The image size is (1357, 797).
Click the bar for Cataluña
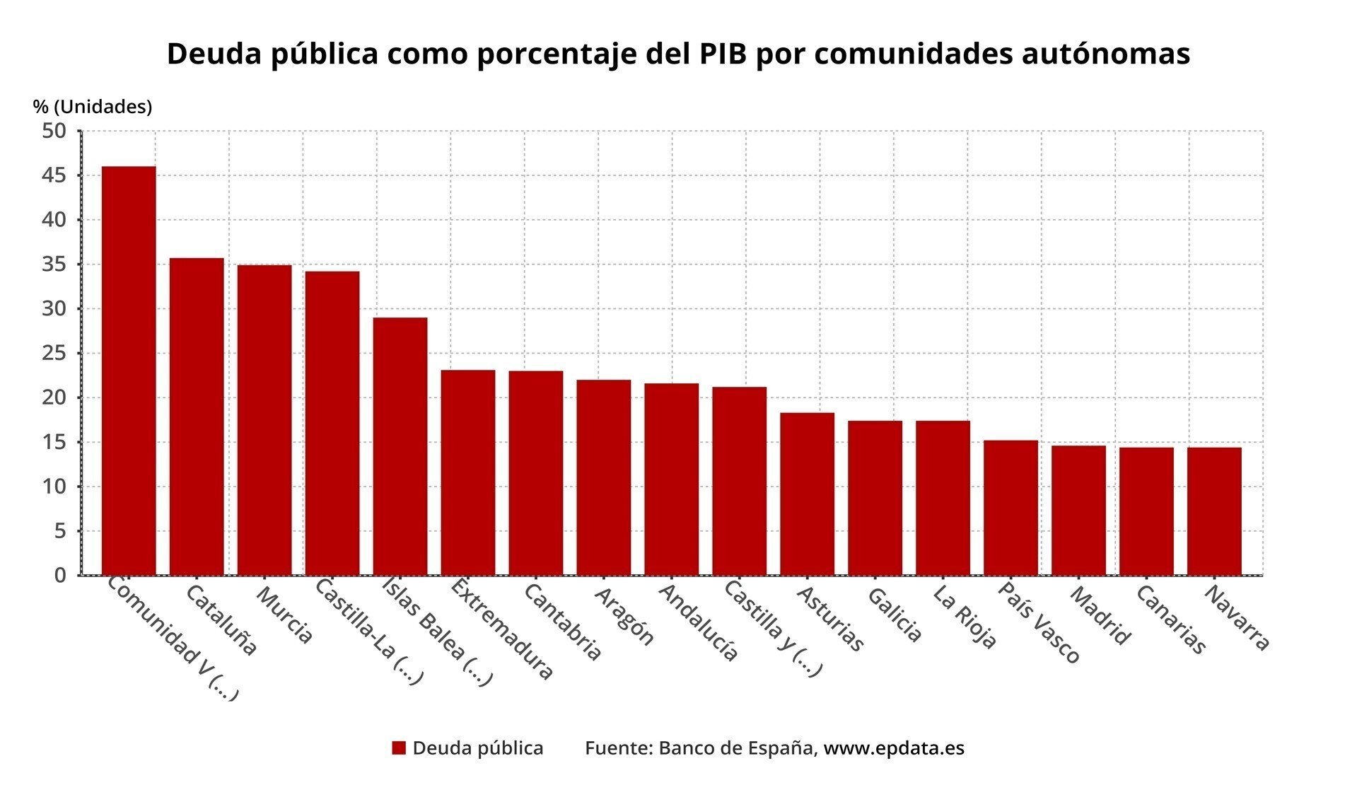197,417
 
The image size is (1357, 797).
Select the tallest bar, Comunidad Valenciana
129,371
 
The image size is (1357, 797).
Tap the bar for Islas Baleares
400,446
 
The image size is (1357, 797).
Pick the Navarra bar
1214,511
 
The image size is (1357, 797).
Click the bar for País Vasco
1011,508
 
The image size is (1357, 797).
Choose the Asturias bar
807,494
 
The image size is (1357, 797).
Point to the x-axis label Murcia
284,614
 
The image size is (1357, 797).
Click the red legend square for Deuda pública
399,748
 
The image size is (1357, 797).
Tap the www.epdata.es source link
894,748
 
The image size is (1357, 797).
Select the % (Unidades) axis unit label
93,107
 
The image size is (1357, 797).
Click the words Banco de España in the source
735,748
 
